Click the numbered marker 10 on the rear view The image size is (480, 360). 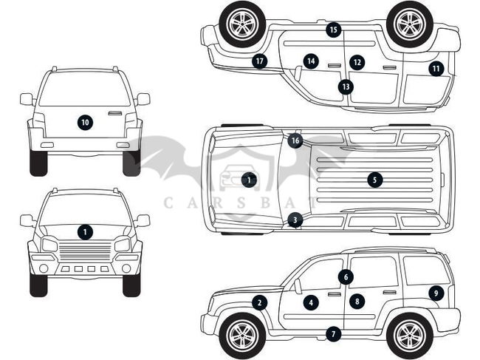[85, 122]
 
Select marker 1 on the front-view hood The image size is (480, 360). [86, 232]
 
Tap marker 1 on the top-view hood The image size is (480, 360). [248, 180]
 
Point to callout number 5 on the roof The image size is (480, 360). [375, 179]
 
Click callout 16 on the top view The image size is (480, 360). [295, 140]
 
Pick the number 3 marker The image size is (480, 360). [295, 220]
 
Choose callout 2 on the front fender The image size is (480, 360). [259, 302]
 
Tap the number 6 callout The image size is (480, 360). [346, 276]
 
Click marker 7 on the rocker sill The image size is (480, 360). [334, 334]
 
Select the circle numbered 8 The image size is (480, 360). [357, 301]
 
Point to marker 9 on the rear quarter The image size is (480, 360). [436, 293]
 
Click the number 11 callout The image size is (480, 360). [436, 69]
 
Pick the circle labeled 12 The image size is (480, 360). [357, 62]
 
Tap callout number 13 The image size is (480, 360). [346, 86]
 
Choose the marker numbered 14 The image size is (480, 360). [311, 61]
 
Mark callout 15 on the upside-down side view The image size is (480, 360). [334, 30]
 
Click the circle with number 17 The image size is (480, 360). [259, 61]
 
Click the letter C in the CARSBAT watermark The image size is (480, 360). [168, 200]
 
